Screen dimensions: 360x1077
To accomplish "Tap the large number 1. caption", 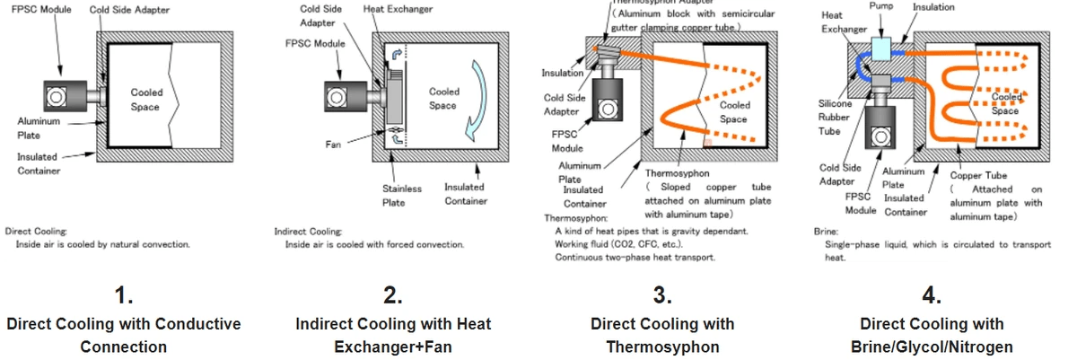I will (x=124, y=295).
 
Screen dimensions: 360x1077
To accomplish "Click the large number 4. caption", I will (x=931, y=295).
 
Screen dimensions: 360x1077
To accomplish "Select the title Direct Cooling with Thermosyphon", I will (x=662, y=334).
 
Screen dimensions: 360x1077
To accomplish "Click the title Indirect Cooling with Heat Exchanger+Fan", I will (x=393, y=334).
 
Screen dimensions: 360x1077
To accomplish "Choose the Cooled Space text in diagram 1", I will (x=146, y=99).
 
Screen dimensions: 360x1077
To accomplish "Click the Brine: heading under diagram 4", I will (x=826, y=231).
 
